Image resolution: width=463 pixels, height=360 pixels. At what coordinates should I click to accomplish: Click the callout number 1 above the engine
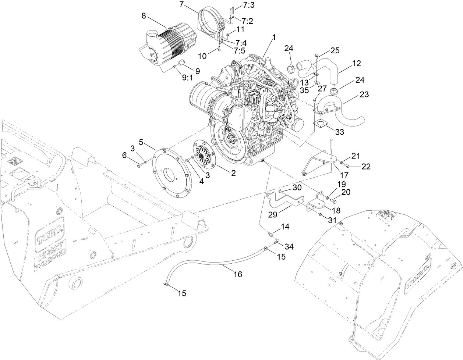pyautogui.click(x=274, y=37)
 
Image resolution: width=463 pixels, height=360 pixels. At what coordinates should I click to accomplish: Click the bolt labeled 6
pyautogui.click(x=139, y=166)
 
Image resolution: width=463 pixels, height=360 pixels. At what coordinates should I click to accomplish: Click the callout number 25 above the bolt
pyautogui.click(x=335, y=50)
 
